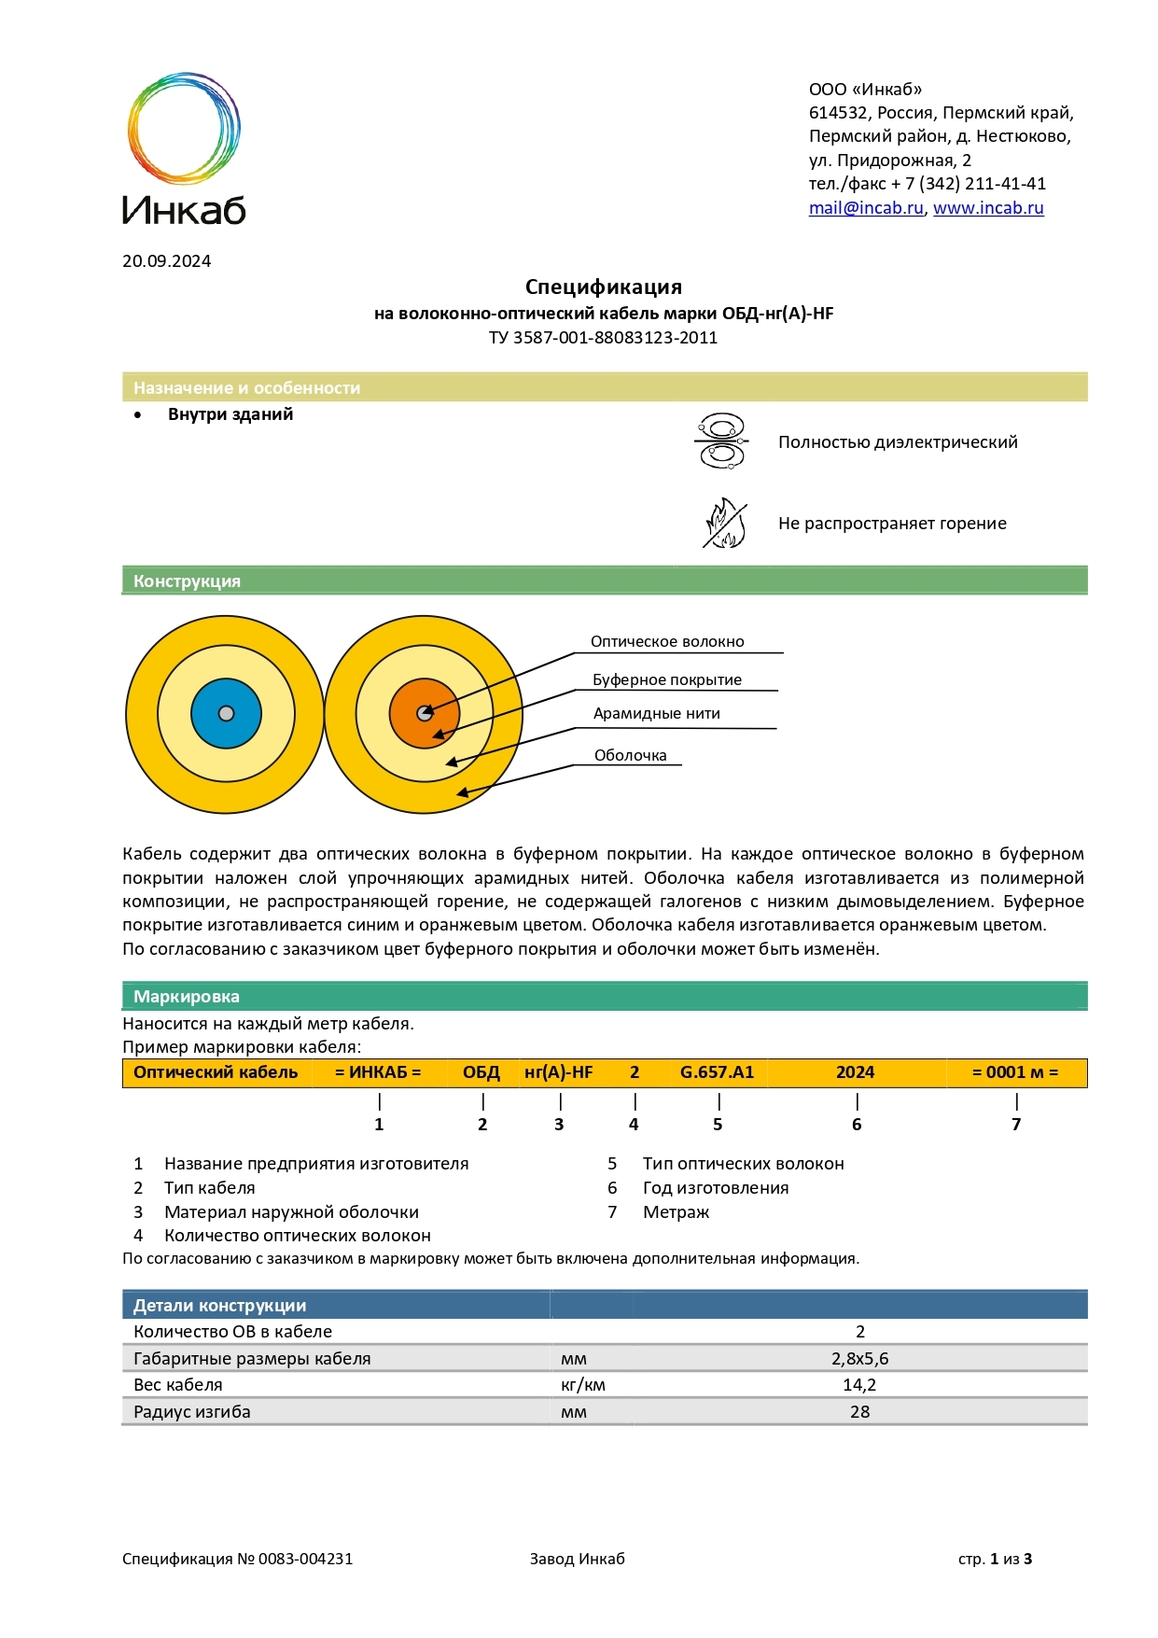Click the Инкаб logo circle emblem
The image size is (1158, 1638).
click(x=184, y=127)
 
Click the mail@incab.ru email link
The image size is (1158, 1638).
click(x=865, y=208)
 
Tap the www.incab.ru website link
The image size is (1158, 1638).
click(x=987, y=208)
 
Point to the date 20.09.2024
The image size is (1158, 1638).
click(x=166, y=261)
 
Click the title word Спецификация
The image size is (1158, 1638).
click(x=603, y=287)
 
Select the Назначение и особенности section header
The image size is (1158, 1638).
click(x=246, y=388)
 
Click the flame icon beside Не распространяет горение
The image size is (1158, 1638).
click(x=724, y=524)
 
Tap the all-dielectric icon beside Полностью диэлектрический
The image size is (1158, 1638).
click(x=720, y=441)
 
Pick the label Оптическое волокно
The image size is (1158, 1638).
click(x=667, y=642)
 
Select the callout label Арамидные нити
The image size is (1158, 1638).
click(x=656, y=714)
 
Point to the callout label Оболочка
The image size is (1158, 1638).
click(x=630, y=756)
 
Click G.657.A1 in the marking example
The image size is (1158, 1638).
click(x=717, y=1072)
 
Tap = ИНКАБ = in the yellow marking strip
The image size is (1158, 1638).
click(x=378, y=1072)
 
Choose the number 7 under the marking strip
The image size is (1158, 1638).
click(x=1016, y=1125)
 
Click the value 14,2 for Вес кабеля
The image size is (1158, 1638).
click(x=859, y=1385)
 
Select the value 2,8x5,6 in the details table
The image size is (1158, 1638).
click(x=859, y=1359)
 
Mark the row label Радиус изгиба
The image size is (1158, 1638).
click(x=192, y=1412)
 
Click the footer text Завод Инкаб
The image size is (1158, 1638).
click(x=577, y=1559)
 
